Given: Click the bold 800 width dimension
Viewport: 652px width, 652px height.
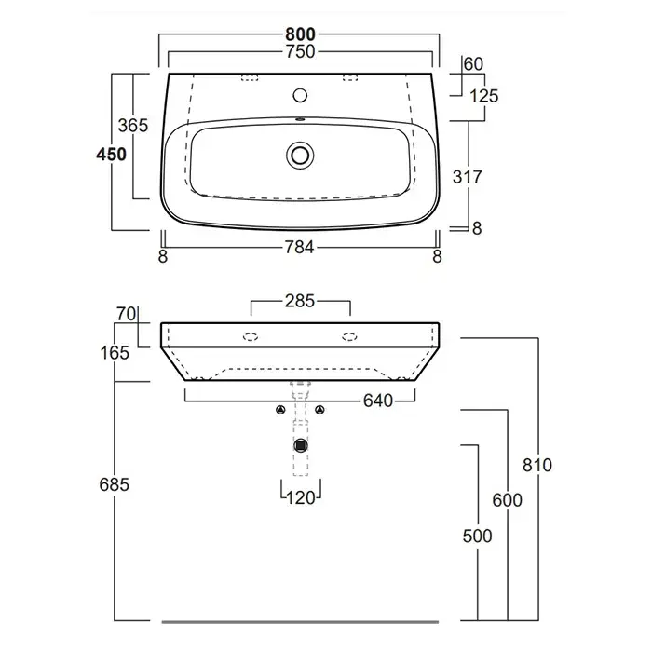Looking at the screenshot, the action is [300, 34].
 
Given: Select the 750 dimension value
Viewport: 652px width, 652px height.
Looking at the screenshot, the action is [300, 51].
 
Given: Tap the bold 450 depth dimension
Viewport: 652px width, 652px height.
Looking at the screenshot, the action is [111, 155].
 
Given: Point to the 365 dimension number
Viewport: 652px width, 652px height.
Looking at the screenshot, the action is [133, 125].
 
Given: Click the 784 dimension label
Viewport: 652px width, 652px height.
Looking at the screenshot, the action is [299, 248].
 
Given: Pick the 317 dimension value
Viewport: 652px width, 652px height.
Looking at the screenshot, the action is [468, 177].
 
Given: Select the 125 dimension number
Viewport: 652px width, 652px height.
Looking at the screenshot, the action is [483, 96].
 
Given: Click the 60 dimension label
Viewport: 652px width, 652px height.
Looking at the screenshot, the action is [473, 64].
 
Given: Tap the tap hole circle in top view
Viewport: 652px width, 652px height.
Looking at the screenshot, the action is [300, 95].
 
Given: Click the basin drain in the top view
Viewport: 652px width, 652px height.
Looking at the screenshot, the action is [300, 156].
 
